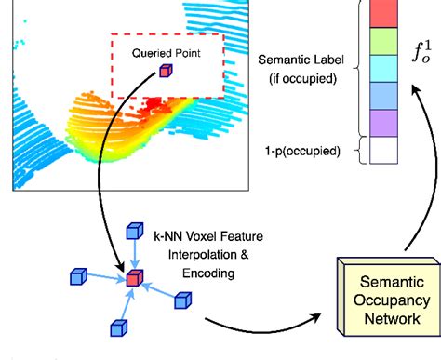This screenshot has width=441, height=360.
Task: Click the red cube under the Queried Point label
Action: tap(165, 71)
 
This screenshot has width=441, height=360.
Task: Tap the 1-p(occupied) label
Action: tap(301, 150)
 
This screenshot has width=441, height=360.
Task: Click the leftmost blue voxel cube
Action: tap(76, 275)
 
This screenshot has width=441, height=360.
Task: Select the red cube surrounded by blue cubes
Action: tap(136, 279)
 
